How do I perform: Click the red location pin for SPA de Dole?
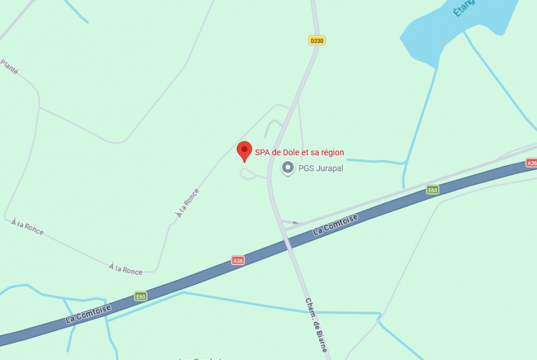pos(245,151)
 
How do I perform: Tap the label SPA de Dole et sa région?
pos(299,152)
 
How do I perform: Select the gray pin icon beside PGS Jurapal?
pos(288,168)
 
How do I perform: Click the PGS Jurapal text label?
pos(321,169)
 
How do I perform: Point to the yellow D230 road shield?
pos(317,40)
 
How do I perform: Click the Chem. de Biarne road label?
pos(316,324)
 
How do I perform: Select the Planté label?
pos(9,66)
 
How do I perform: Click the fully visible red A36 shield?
pos(238,261)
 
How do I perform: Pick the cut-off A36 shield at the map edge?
pos(532,163)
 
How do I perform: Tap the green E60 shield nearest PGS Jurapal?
pos(433,190)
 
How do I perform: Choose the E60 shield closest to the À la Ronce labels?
pos(140,296)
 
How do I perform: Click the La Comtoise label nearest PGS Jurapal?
pos(336,224)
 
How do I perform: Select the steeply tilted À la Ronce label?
pos(187,203)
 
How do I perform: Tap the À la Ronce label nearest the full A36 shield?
pos(126,269)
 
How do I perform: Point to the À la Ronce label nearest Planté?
pos(28,227)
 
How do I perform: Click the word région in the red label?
pos(330,152)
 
